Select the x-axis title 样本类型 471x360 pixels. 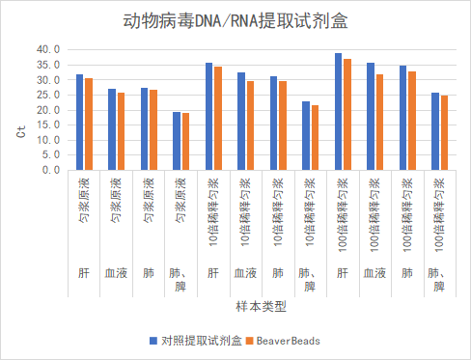click(x=261, y=307)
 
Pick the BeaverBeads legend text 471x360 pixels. click(x=291, y=341)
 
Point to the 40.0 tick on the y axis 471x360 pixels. click(x=47, y=49)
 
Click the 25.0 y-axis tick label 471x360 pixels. click(x=47, y=95)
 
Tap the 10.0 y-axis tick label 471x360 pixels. click(x=47, y=140)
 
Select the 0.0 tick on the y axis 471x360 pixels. click(x=50, y=170)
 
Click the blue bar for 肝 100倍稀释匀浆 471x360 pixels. click(x=338, y=111)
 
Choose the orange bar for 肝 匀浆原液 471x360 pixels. click(x=89, y=124)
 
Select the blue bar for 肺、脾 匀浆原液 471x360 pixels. click(x=177, y=141)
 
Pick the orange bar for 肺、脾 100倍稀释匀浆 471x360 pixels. click(x=444, y=132)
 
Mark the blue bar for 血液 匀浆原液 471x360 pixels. click(x=112, y=129)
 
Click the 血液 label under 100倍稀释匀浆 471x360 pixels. click(x=374, y=274)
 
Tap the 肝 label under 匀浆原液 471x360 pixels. click(x=84, y=274)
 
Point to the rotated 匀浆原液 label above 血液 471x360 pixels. click(x=117, y=200)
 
